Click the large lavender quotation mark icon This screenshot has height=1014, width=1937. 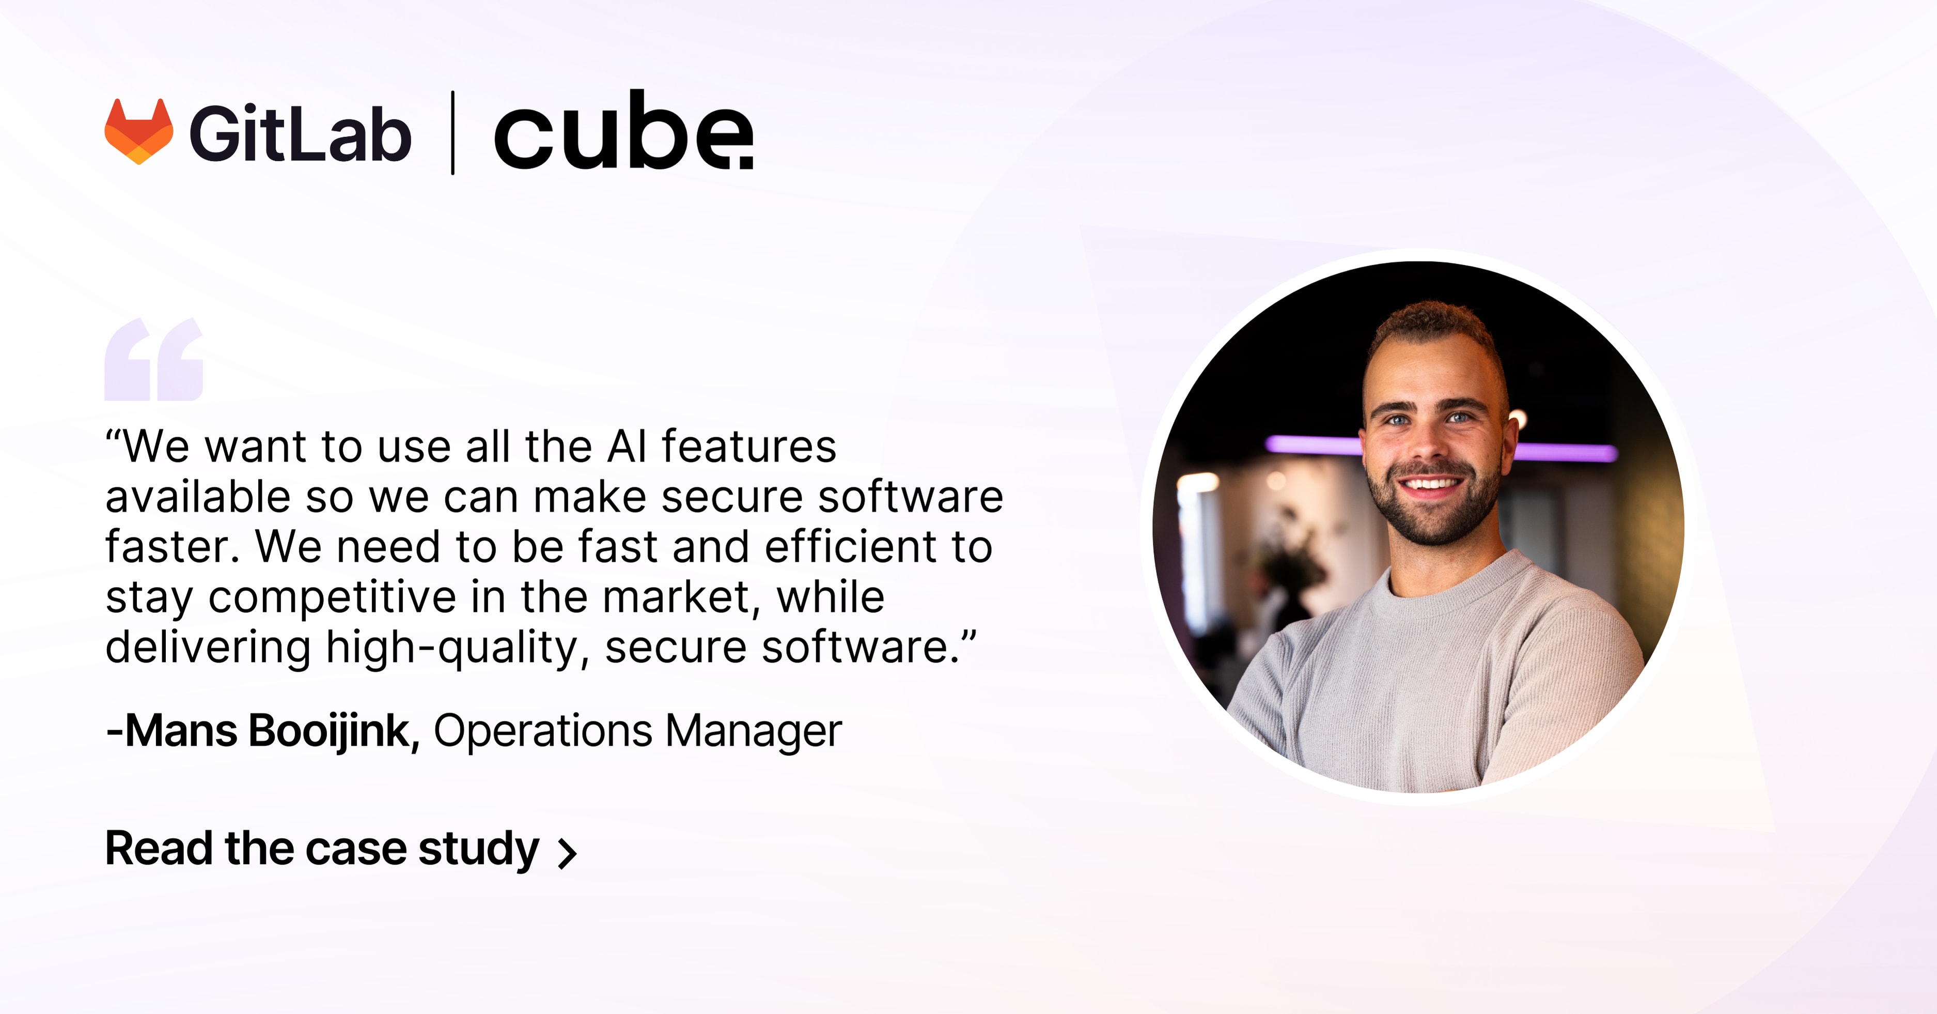click(154, 360)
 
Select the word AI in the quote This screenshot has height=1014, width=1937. click(627, 447)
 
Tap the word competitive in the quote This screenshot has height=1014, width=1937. click(332, 597)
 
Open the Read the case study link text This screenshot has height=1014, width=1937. click(322, 849)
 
